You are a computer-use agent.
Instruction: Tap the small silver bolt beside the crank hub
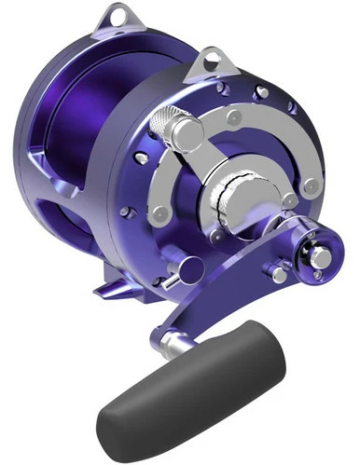(x=279, y=276)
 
